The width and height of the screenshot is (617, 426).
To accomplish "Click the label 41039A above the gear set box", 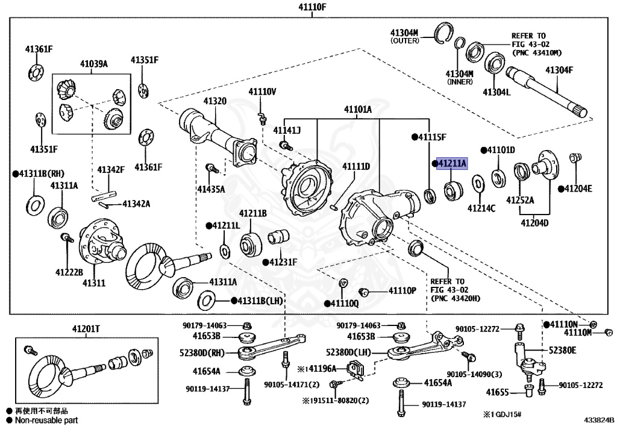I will (x=94, y=63).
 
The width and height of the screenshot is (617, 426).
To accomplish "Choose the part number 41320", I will (x=215, y=101).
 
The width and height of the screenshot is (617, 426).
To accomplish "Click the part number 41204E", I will (x=578, y=189).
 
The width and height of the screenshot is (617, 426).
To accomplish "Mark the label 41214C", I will (x=481, y=208).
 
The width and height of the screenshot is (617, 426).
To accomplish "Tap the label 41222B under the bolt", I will (x=69, y=272).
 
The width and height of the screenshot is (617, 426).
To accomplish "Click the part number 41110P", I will (x=402, y=291).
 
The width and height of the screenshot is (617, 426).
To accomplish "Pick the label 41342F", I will (x=111, y=170).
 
